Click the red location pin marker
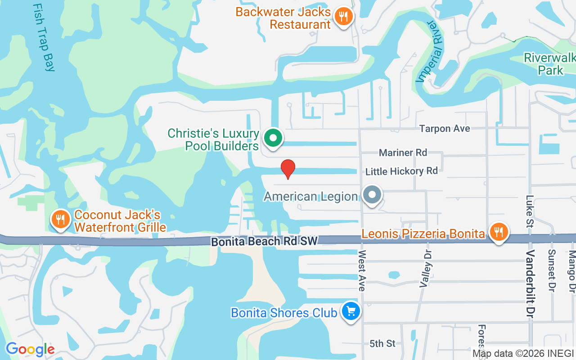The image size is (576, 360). [x=288, y=169]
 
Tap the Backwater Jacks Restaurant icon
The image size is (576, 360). [x=344, y=17]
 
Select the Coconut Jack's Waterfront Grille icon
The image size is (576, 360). [x=60, y=219]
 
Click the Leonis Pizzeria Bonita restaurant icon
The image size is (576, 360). [x=498, y=232]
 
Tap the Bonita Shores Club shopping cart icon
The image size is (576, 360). [x=351, y=311]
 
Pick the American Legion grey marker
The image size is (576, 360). [x=372, y=195]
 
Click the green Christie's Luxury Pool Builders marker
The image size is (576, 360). [x=272, y=138]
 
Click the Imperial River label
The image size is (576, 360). [x=429, y=51]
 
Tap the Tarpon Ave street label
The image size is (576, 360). [x=445, y=129]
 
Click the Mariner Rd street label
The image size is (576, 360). [x=403, y=153]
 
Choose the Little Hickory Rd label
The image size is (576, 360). [x=401, y=171]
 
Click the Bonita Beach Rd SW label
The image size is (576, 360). [x=265, y=242]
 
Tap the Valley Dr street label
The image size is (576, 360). [x=426, y=269]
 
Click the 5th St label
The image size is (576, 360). [x=382, y=344]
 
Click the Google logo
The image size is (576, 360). [x=30, y=349]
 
